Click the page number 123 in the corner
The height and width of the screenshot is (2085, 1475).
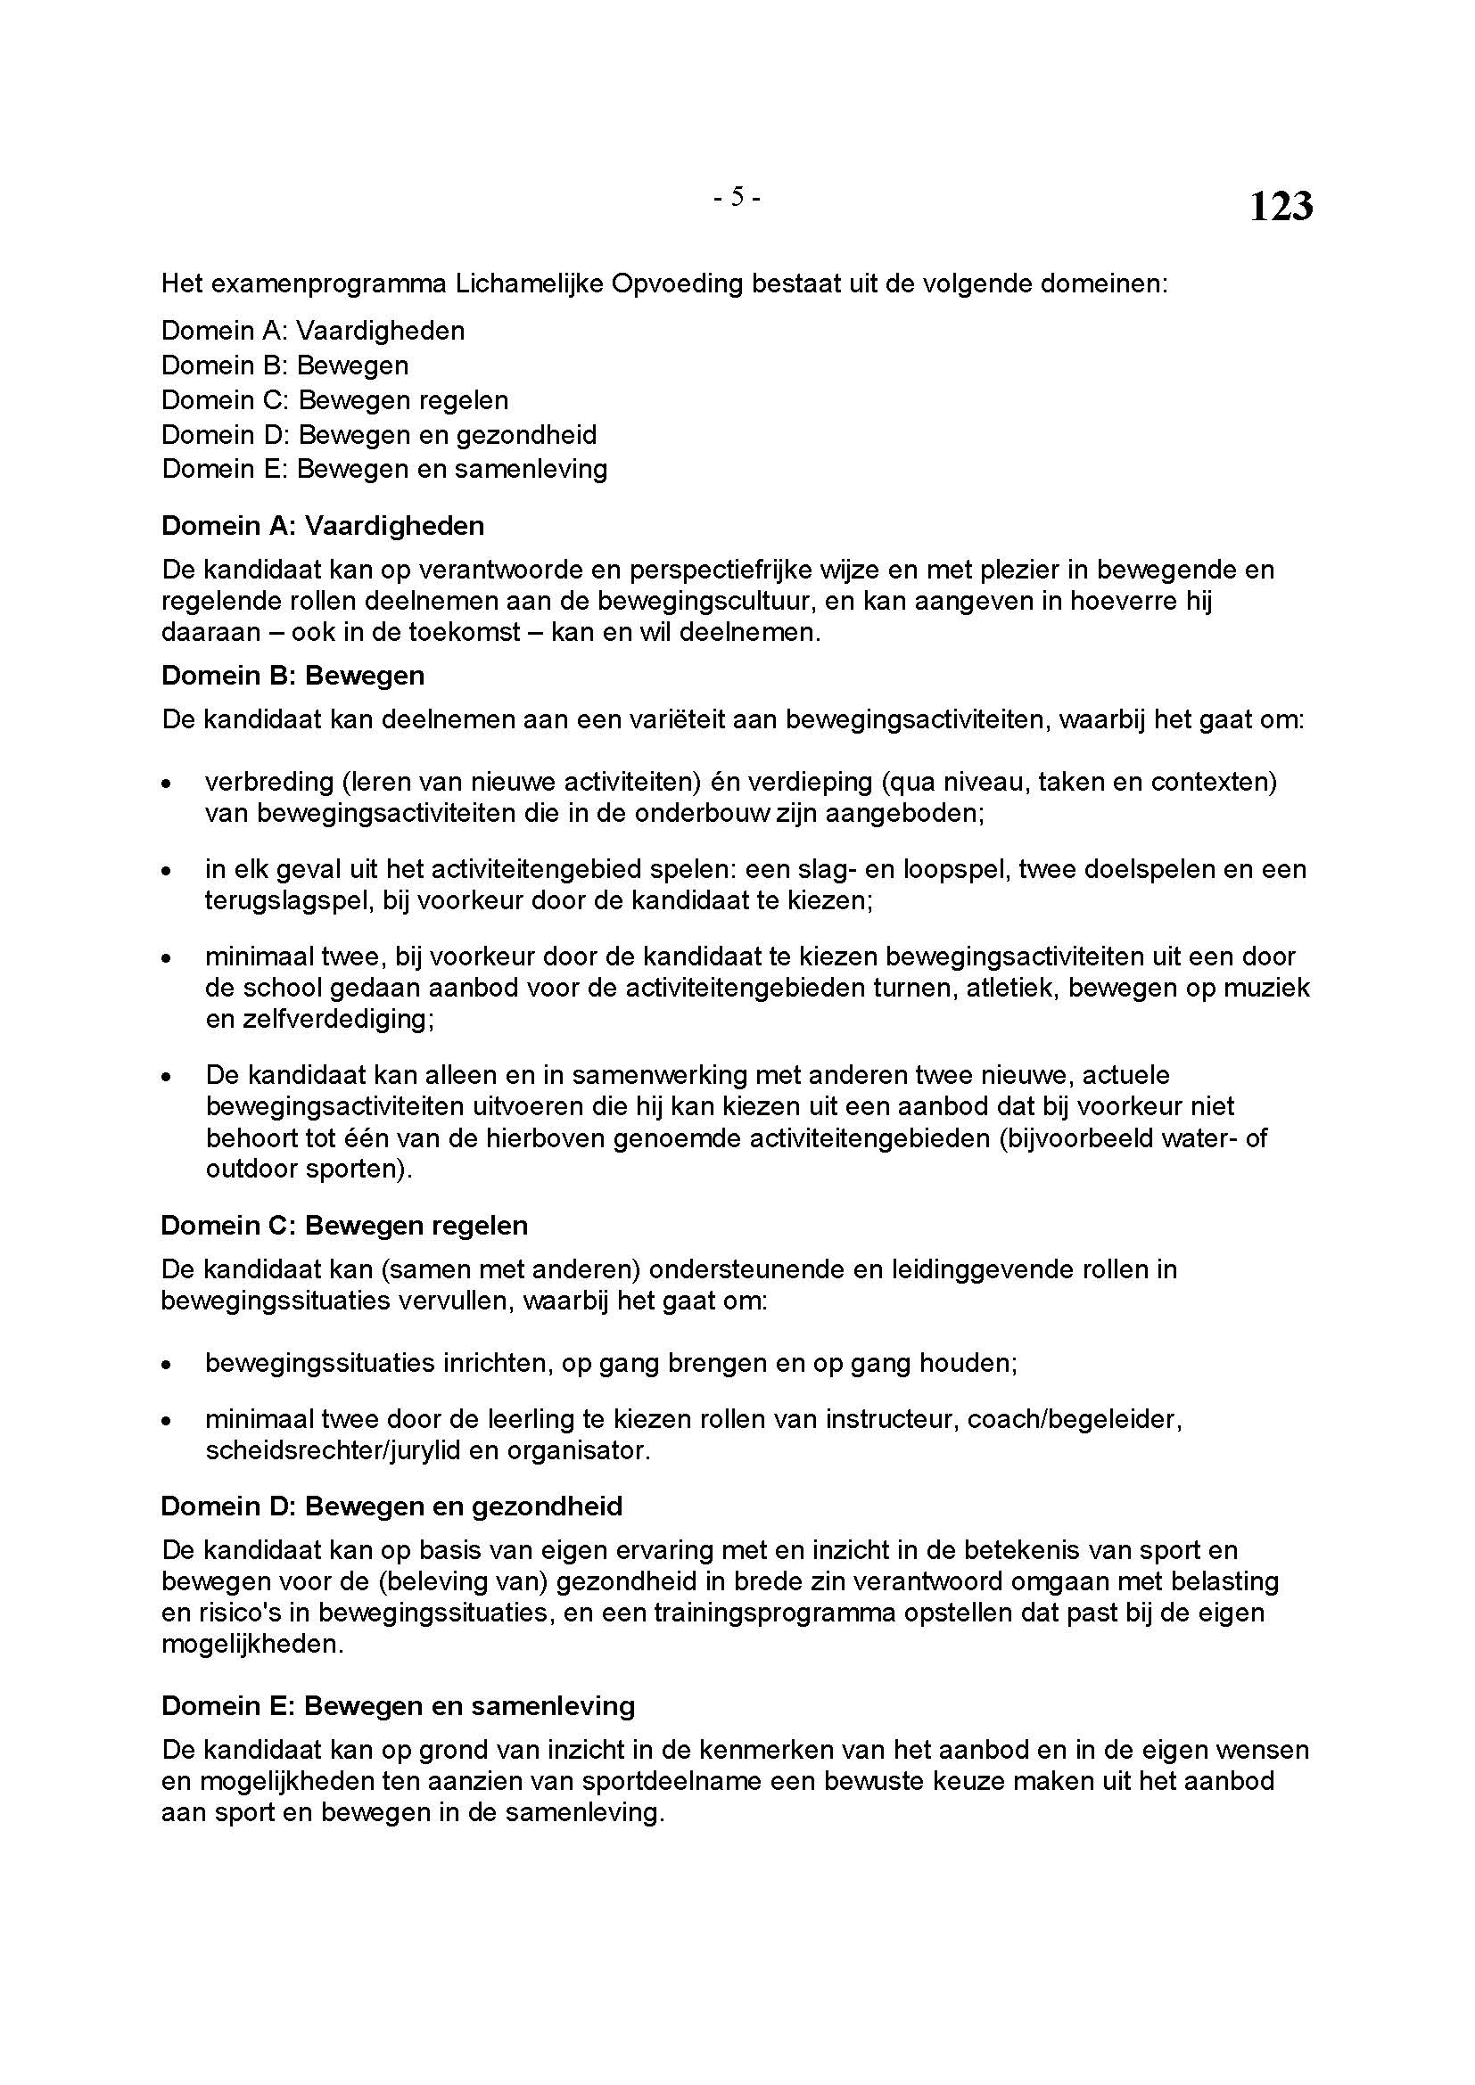tap(1281, 207)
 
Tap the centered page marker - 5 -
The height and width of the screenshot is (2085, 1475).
tap(737, 196)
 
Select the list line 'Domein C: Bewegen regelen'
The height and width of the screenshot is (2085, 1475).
tap(334, 399)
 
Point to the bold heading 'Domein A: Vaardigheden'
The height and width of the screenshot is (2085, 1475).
tap(323, 526)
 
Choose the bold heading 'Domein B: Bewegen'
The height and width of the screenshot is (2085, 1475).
tap(293, 676)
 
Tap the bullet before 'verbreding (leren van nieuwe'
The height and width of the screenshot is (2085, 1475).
tap(166, 783)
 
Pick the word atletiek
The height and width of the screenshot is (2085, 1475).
tap(1009, 987)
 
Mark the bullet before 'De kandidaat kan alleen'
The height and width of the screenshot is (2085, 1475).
tap(166, 1077)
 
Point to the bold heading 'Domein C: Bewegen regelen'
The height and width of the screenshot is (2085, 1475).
tap(344, 1225)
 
